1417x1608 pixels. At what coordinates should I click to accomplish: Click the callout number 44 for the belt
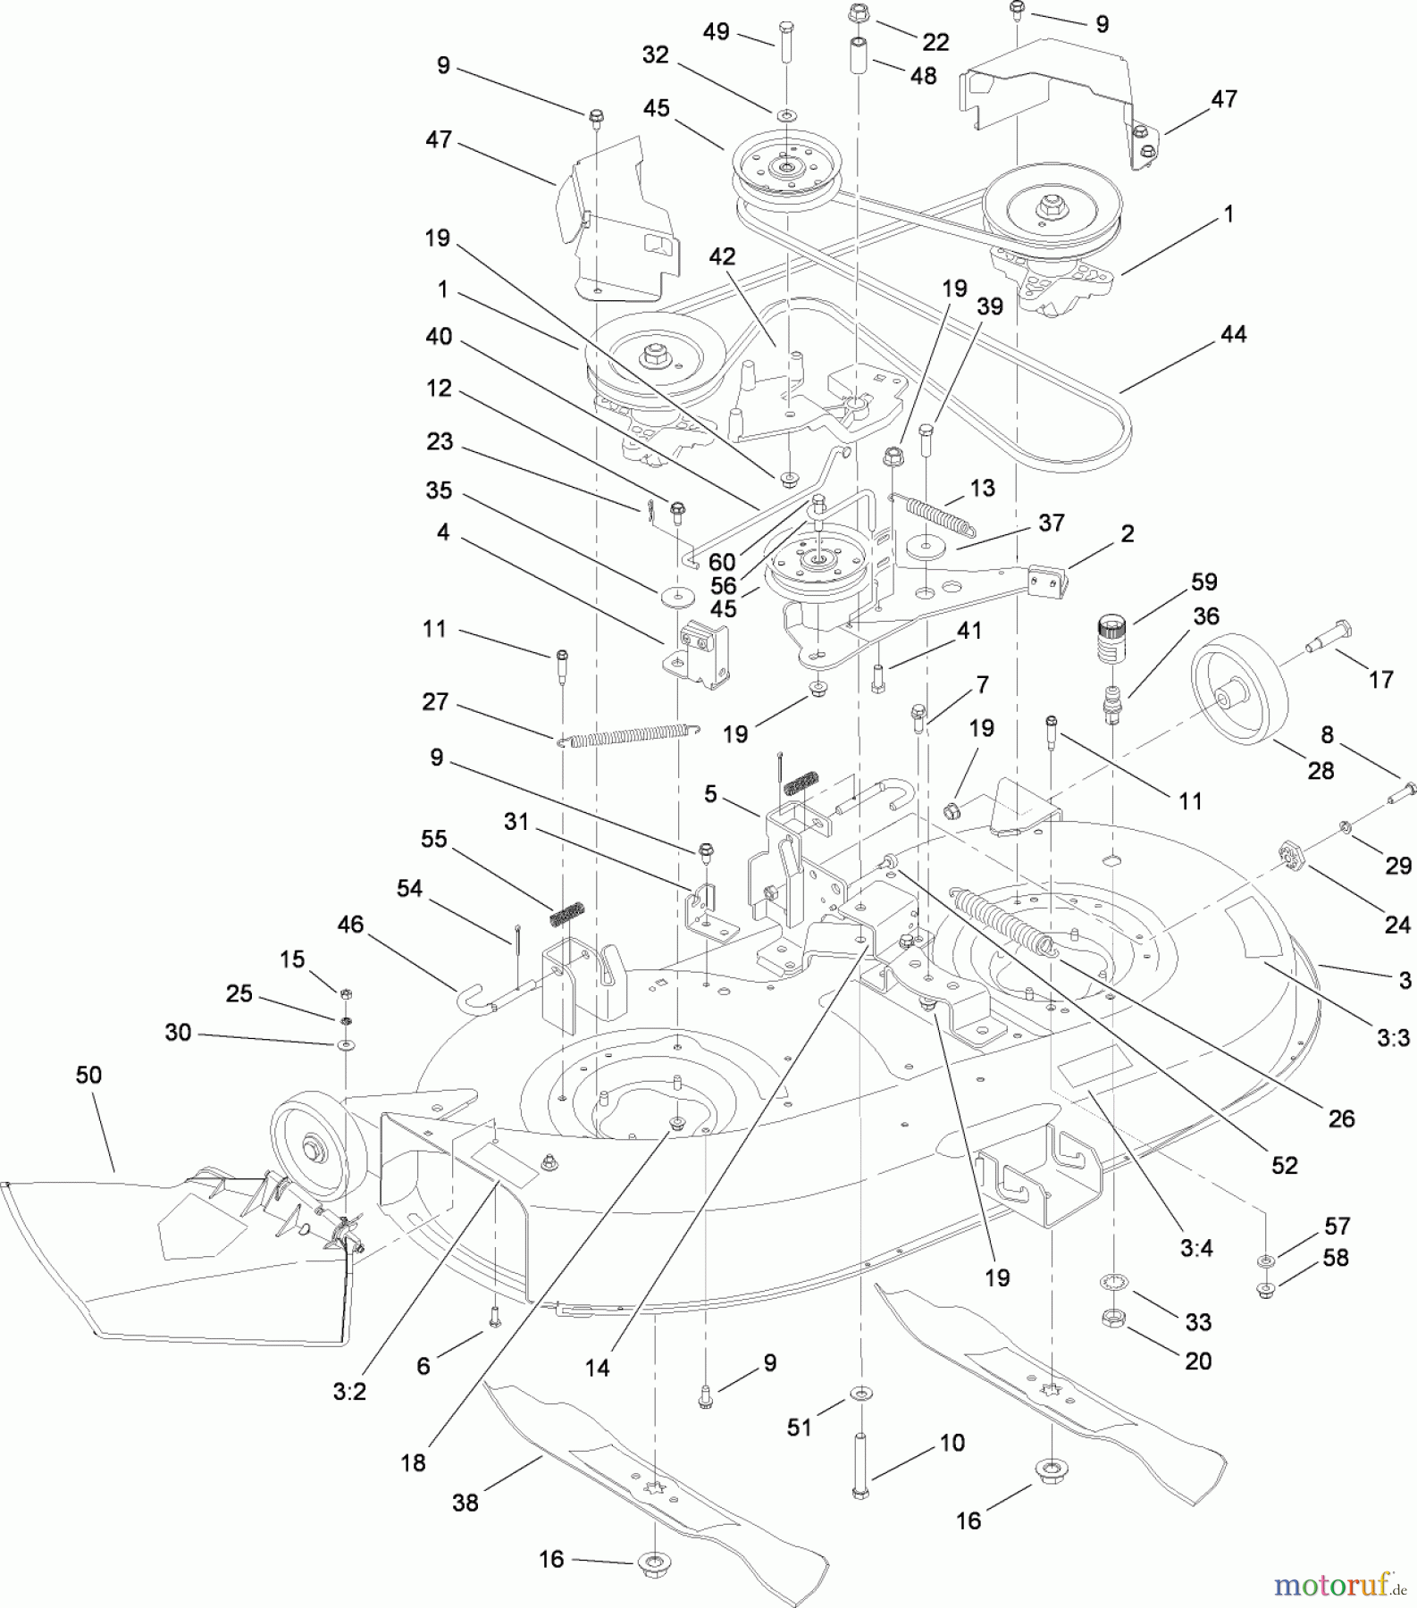(1233, 334)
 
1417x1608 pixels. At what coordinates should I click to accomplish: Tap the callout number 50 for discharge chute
(88, 1075)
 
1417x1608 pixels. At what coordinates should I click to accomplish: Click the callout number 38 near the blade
(465, 1503)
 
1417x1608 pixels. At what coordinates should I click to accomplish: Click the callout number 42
(722, 256)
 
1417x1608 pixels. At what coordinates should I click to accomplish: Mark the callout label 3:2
(349, 1393)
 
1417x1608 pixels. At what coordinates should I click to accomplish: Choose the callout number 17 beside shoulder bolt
(1380, 680)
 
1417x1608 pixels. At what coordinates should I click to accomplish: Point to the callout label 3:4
(1196, 1249)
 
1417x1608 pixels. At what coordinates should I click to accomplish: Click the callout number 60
(722, 562)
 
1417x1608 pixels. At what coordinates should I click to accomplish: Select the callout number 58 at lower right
(1335, 1257)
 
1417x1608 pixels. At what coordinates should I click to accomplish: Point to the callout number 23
(440, 441)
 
